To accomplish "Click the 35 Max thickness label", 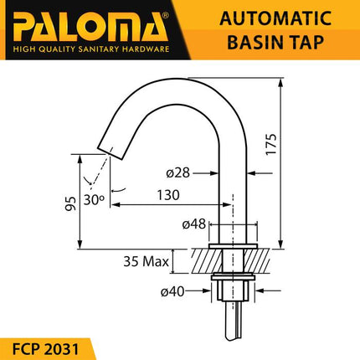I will tap(141, 261).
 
